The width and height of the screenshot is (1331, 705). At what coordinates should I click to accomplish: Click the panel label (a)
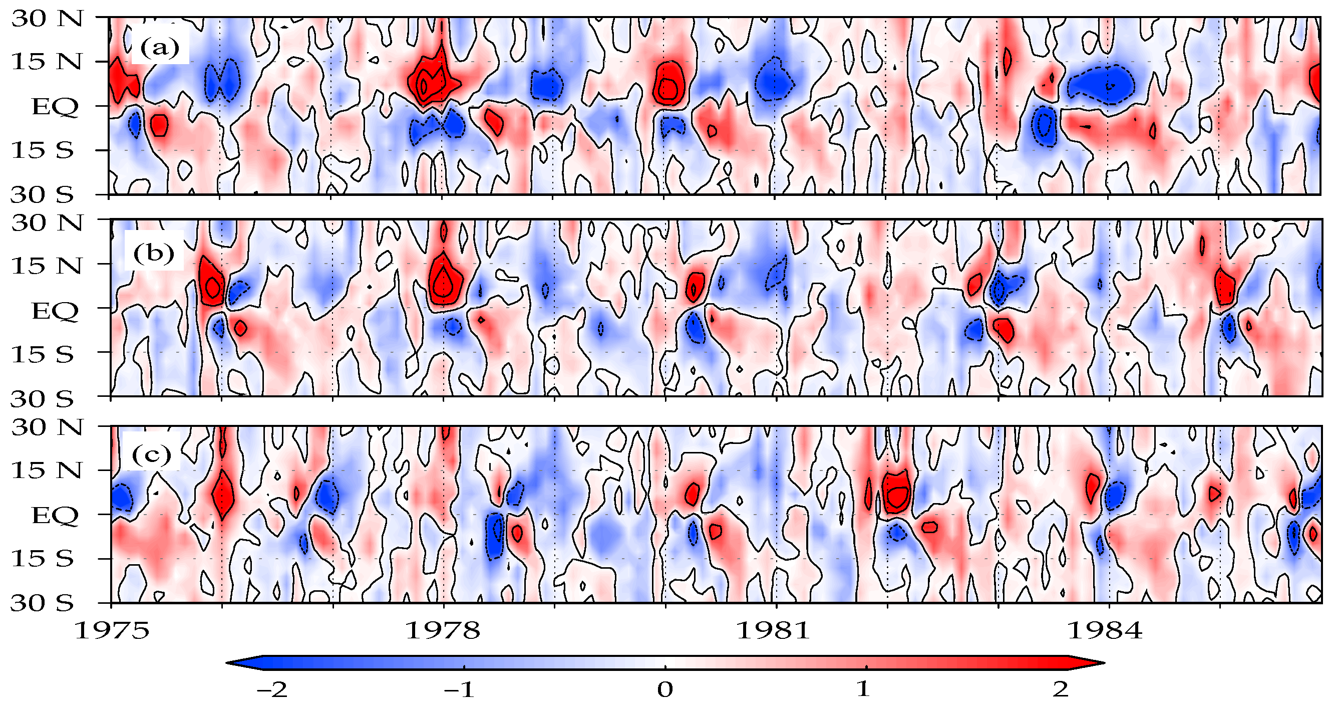tap(160, 49)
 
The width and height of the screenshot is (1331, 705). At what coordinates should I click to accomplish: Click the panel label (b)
tap(153, 253)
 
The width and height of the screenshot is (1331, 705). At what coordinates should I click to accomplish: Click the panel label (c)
tap(151, 455)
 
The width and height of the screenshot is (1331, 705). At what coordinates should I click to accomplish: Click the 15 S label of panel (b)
tap(43, 355)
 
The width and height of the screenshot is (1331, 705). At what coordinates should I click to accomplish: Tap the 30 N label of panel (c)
tap(47, 427)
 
